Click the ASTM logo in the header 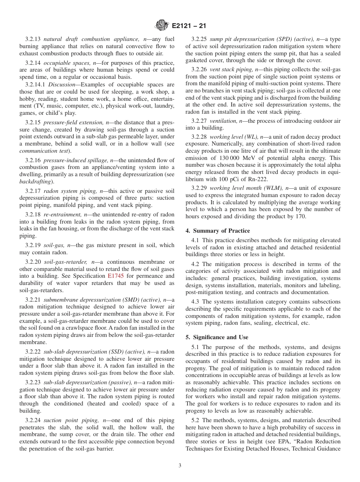click(161, 26)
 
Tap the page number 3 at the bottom click(180, 465)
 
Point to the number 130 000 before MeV click(232, 158)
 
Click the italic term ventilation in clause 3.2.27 click(223, 121)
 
